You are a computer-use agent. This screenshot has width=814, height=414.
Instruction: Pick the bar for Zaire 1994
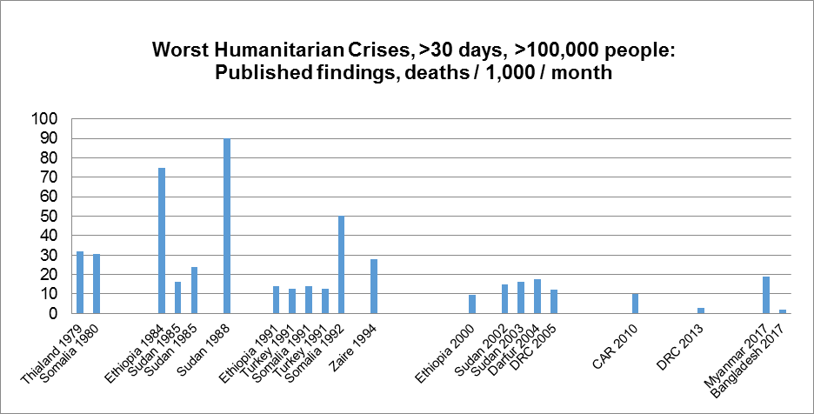(x=374, y=286)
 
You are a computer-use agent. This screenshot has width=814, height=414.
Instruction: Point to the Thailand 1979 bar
(x=80, y=283)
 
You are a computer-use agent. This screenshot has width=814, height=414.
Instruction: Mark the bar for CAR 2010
(x=636, y=304)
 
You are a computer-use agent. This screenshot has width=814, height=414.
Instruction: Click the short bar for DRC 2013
(x=701, y=310)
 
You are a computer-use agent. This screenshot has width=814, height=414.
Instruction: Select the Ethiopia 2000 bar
(x=472, y=304)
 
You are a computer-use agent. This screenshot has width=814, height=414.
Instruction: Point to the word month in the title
(x=584, y=73)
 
